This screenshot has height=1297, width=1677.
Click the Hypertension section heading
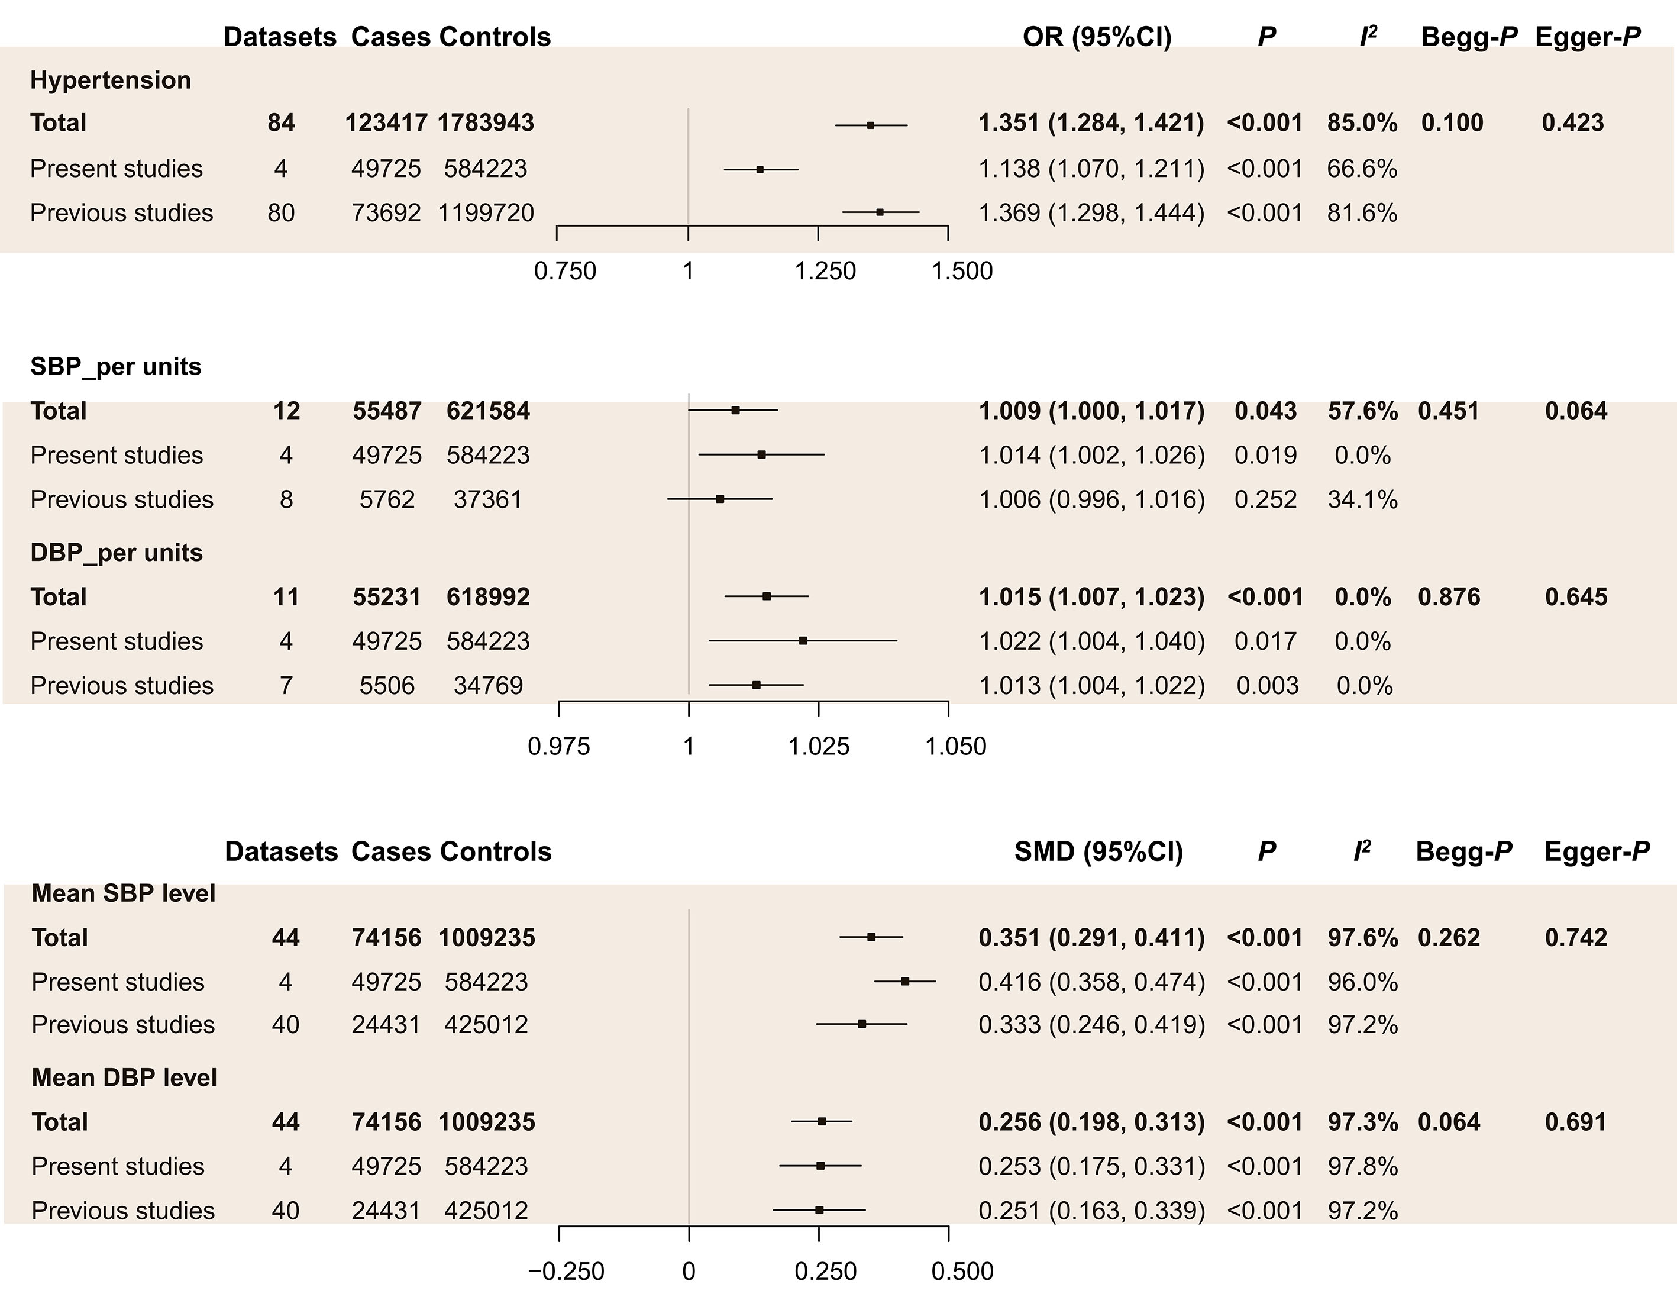coord(111,80)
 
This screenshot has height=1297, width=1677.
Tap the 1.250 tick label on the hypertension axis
coord(825,271)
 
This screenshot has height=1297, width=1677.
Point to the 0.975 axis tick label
coord(559,746)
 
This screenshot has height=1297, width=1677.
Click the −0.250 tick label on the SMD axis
coord(566,1271)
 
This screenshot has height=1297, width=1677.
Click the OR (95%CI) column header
coord(1097,37)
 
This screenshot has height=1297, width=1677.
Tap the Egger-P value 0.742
coord(1576,938)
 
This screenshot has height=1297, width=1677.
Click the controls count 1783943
coord(486,123)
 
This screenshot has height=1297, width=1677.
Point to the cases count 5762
coord(387,500)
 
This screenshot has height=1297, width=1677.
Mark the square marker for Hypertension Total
coord(870,124)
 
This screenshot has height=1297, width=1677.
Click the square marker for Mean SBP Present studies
coord(905,982)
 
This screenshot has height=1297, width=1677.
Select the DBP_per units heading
coord(117,553)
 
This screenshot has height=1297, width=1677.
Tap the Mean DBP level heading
coord(124,1077)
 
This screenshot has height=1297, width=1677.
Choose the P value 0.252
coord(1265,500)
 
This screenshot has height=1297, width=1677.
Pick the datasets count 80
coord(281,212)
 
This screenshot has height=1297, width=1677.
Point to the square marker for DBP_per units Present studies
coord(803,640)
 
